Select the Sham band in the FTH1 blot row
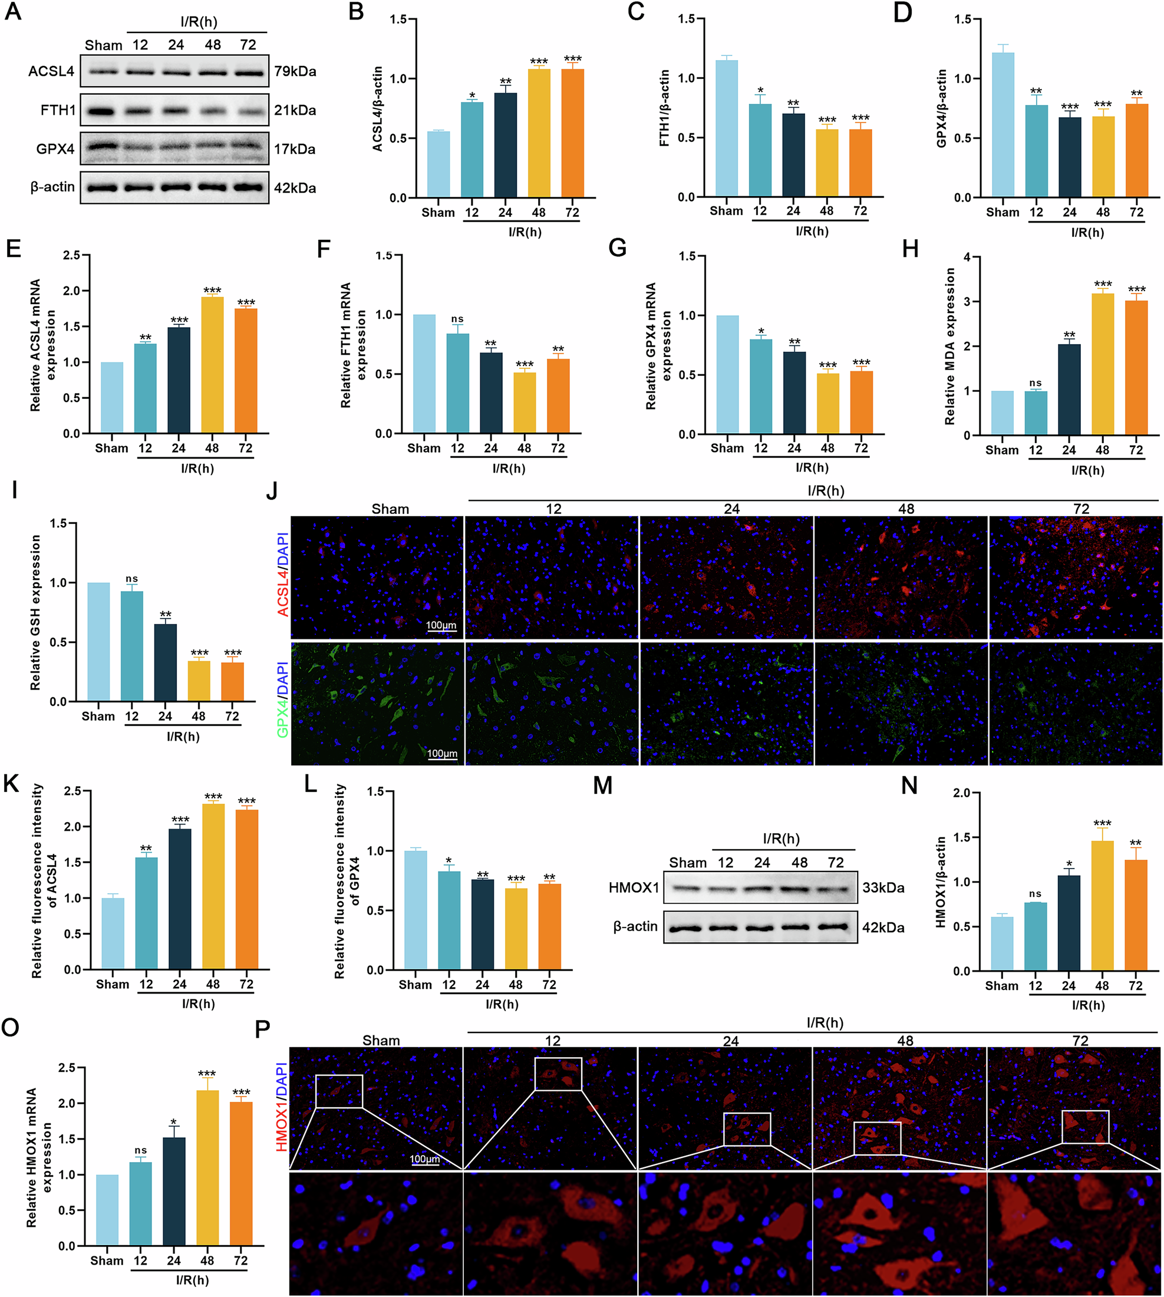coord(103,111)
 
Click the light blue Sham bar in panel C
coord(727,128)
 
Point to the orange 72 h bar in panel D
coord(1136,150)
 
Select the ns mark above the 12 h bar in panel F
coord(457,318)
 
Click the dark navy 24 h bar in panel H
coord(1069,390)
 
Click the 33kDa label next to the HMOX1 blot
coord(883,887)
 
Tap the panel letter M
coord(602,786)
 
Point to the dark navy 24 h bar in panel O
coord(174,1192)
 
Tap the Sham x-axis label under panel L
coord(415,985)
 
